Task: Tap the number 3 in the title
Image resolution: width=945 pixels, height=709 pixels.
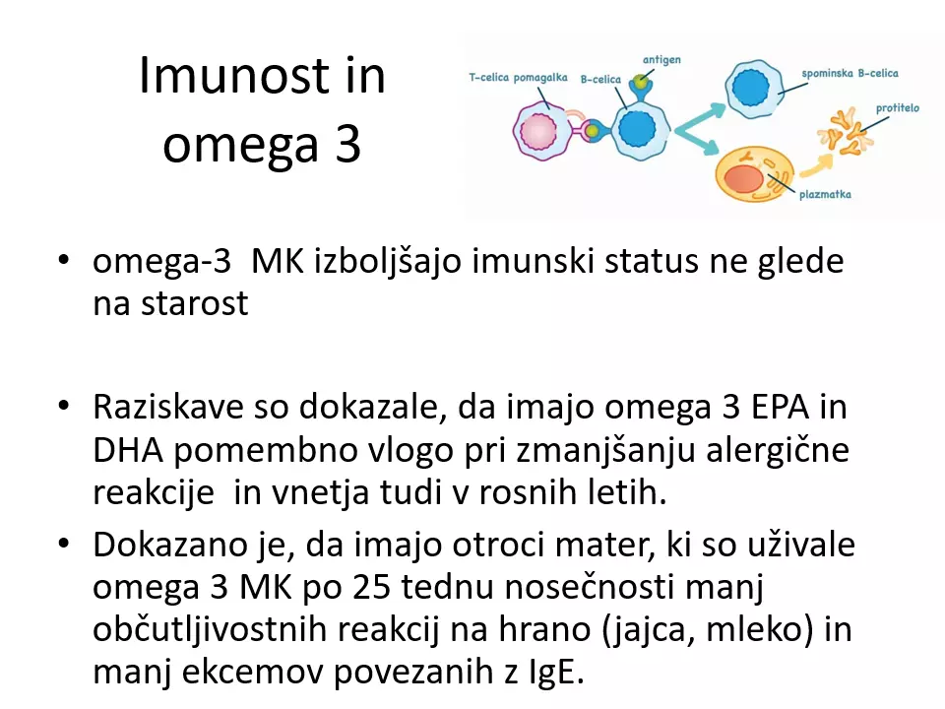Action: [348, 144]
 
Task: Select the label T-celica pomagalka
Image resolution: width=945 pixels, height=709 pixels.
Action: [519, 78]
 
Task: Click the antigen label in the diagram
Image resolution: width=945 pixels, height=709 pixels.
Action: [661, 60]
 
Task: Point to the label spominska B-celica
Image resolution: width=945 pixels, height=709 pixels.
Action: [850, 73]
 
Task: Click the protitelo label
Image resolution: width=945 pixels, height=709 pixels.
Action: [898, 108]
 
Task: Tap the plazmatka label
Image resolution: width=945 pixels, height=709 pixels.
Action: [825, 194]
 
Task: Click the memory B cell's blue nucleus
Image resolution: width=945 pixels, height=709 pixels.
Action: [751, 88]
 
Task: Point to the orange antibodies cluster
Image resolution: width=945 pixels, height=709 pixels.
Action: [845, 131]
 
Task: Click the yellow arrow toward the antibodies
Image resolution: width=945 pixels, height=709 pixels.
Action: [817, 164]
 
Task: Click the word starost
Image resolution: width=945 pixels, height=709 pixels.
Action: [195, 302]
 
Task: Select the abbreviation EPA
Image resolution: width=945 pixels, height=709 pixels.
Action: [780, 407]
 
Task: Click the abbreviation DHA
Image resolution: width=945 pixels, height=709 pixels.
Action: [128, 450]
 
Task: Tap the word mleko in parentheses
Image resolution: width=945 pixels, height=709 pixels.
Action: [755, 629]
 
